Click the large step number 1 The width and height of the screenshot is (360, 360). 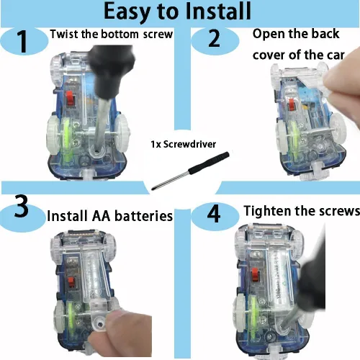23,41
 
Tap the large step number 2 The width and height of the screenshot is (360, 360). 214,39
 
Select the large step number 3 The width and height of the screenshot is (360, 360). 21,206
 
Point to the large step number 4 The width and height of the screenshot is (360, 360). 214,214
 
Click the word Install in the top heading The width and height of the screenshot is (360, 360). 218,11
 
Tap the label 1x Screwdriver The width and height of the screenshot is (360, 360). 184,144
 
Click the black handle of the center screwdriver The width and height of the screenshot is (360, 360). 209,163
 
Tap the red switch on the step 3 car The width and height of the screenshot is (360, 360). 71,282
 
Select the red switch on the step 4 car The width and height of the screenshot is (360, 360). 255,275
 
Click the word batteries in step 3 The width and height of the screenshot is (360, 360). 144,216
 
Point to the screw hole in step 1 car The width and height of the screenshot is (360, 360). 96,152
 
